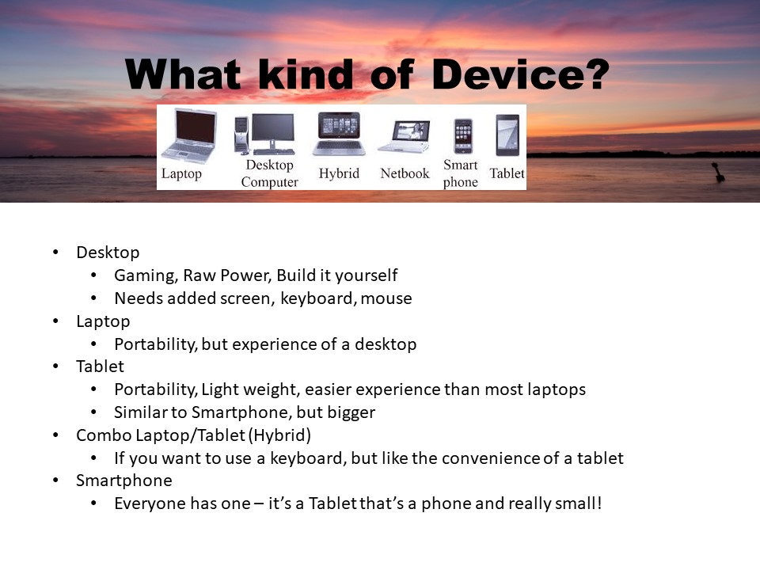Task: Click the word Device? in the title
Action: point(520,74)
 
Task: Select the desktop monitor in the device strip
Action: point(273,134)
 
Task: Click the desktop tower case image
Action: point(241,135)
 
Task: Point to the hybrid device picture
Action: point(339,134)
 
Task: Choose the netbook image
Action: point(405,137)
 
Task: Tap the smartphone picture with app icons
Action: point(463,136)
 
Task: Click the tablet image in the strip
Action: point(507,135)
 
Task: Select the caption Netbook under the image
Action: point(405,173)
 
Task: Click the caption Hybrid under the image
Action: point(339,173)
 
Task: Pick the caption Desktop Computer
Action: point(269,173)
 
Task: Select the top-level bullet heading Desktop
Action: point(108,253)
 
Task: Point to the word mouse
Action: point(386,298)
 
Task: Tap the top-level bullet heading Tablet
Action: point(100,367)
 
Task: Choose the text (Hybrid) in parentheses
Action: point(279,435)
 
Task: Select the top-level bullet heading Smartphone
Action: point(124,481)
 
